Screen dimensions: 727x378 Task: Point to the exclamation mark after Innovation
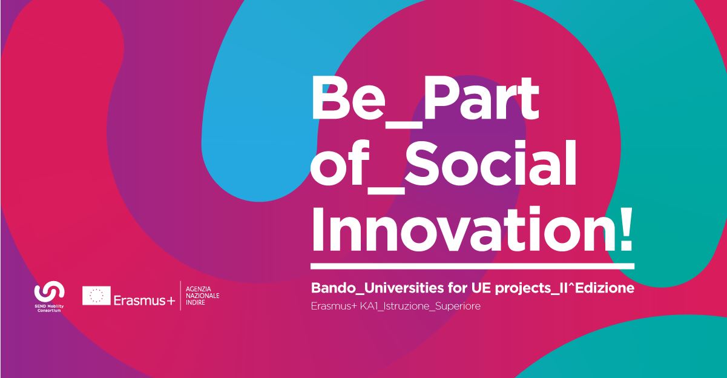pyautogui.click(x=624, y=230)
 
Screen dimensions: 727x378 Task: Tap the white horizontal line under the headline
pyautogui.click(x=473, y=267)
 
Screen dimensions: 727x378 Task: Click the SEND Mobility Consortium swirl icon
pyautogui.click(x=49, y=291)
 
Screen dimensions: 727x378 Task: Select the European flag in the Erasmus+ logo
pyautogui.click(x=96, y=296)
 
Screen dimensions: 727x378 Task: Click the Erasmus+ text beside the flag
pyautogui.click(x=145, y=300)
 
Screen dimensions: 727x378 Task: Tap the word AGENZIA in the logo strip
pyautogui.click(x=199, y=289)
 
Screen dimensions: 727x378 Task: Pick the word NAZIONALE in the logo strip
pyautogui.click(x=203, y=296)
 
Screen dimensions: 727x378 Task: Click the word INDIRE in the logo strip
pyautogui.click(x=196, y=302)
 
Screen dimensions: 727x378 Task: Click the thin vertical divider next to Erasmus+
pyautogui.click(x=180, y=296)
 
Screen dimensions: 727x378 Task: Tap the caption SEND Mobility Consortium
pyautogui.click(x=49, y=308)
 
